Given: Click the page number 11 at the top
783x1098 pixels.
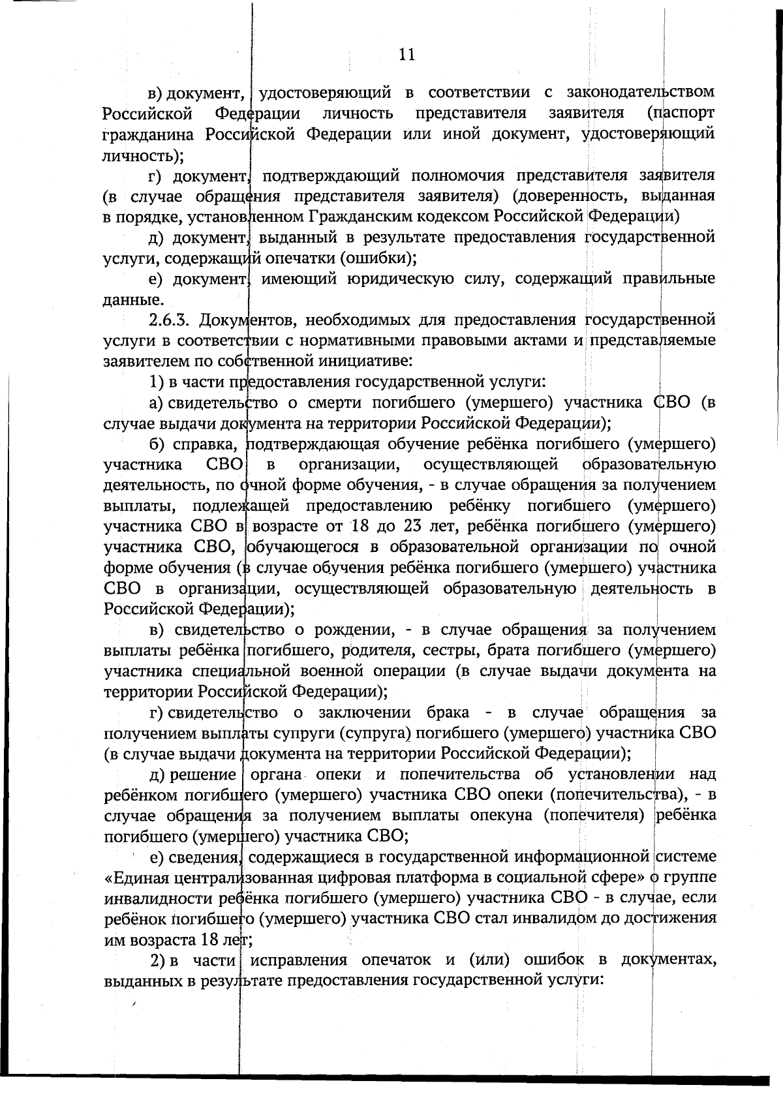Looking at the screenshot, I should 407,55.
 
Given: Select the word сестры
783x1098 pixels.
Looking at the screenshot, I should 450,650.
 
